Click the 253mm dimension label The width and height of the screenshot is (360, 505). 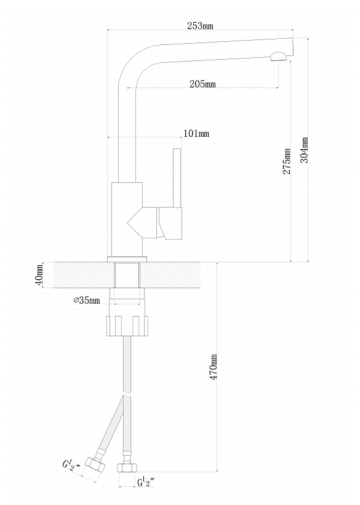click(200, 26)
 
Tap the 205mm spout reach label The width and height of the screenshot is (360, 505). click(202, 84)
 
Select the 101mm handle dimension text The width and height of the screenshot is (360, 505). click(196, 133)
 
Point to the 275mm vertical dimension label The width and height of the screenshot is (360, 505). click(287, 161)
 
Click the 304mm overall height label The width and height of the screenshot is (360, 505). click(305, 150)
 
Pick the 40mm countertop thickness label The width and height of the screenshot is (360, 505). click(39, 275)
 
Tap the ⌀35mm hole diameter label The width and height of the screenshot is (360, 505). click(87, 301)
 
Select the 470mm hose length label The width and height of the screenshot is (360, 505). click(214, 366)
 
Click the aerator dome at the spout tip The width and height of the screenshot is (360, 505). click(279, 57)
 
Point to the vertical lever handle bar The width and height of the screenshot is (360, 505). click(177, 177)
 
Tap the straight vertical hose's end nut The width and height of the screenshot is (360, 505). click(127, 467)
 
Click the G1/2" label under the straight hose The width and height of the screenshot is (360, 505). click(146, 482)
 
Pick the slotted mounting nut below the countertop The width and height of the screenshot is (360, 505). click(127, 326)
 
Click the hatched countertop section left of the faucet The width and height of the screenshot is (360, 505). click(84, 275)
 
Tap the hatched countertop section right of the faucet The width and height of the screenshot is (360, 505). click(170, 275)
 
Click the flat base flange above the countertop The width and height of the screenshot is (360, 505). click(127, 259)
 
